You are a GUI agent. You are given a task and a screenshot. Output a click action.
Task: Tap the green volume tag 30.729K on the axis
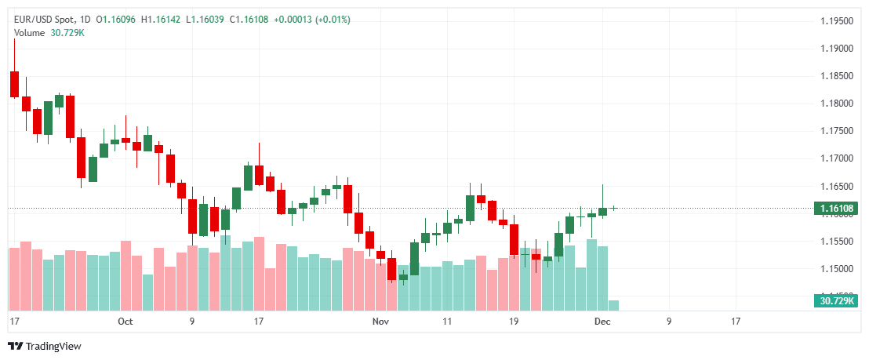coord(836,300)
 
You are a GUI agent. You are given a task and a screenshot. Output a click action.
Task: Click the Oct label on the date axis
coord(125,322)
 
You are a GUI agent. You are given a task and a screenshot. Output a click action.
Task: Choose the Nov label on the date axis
coord(380,322)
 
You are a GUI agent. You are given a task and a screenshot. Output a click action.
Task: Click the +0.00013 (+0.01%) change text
coord(312,19)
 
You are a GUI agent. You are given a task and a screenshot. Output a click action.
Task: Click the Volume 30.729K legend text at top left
coord(49,32)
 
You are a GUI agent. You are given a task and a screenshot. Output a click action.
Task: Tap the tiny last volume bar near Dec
coord(613,304)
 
